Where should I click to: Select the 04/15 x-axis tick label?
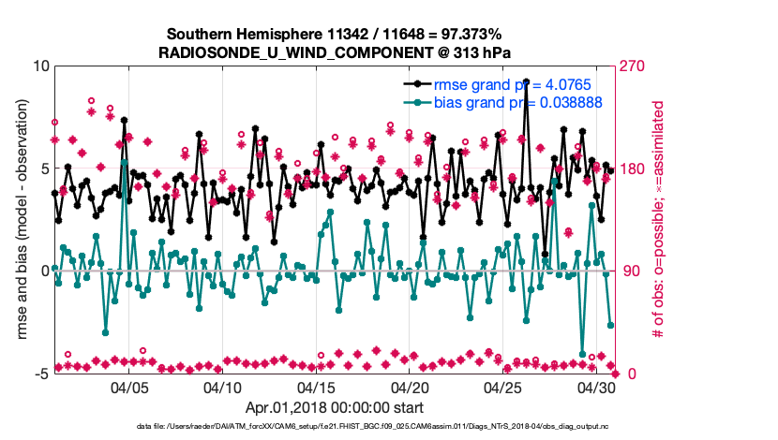316,387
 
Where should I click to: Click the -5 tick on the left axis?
39,374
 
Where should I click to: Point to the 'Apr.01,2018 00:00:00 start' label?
334,408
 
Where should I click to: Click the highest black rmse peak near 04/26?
526,82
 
